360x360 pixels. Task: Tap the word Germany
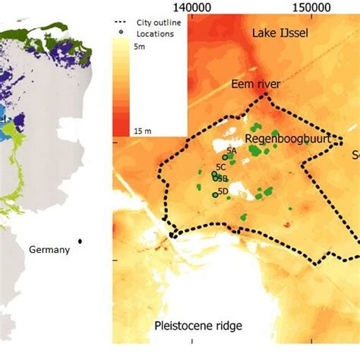click(x=49, y=249)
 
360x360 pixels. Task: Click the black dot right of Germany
click(x=80, y=242)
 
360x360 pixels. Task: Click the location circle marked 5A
click(x=226, y=157)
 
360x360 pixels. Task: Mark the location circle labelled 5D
click(x=215, y=195)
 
